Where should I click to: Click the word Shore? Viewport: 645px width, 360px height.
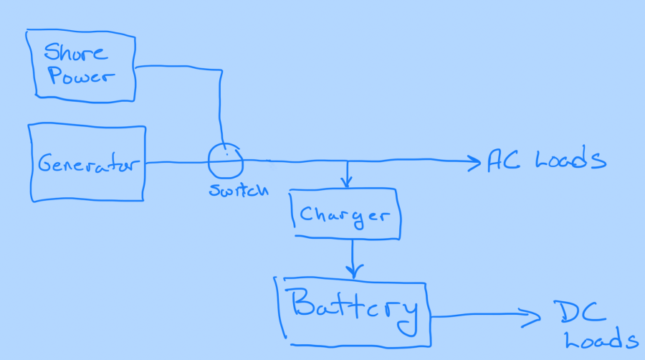(x=75, y=52)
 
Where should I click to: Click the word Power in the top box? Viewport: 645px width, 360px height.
(x=80, y=78)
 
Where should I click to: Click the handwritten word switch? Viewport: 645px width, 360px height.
(x=239, y=191)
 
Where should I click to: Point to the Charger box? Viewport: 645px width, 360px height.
(x=345, y=214)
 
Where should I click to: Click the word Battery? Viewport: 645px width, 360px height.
(x=354, y=307)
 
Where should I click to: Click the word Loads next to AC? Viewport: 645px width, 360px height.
(x=570, y=161)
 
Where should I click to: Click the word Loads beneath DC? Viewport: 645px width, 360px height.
(x=601, y=341)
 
